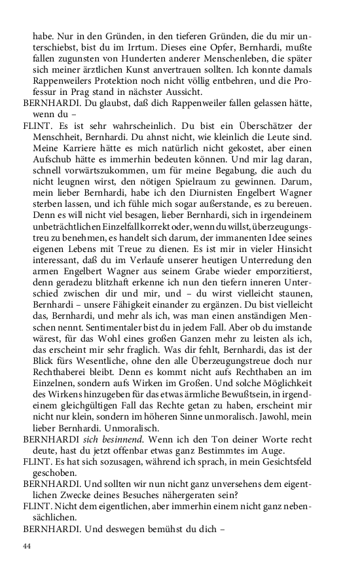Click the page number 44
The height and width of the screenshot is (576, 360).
click(x=27, y=546)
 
